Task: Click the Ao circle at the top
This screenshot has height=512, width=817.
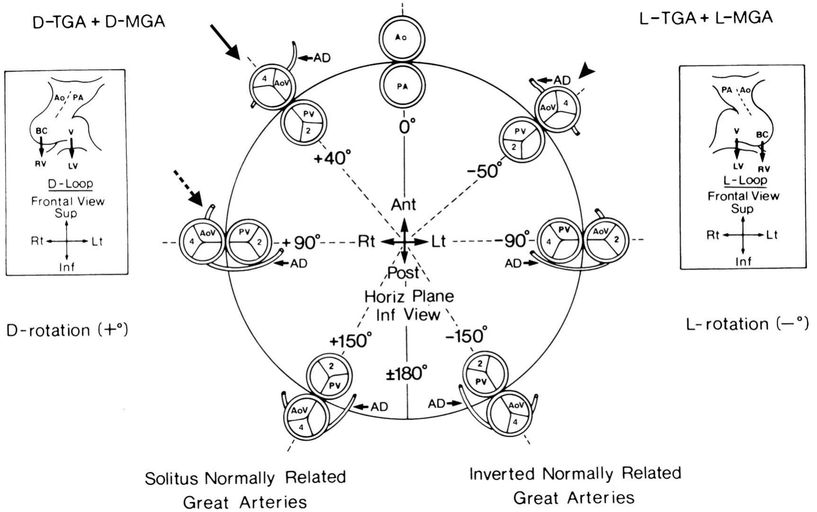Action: point(401,38)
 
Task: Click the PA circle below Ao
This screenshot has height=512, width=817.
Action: point(402,86)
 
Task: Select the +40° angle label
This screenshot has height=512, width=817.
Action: point(333,158)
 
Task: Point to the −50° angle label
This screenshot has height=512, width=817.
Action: point(483,169)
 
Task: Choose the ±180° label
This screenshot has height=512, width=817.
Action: point(406,374)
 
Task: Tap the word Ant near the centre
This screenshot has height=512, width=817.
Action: point(403,204)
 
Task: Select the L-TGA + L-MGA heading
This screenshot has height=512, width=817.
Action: point(706,18)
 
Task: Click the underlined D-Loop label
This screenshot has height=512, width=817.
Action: point(70,184)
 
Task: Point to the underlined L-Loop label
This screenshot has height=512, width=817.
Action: point(745,180)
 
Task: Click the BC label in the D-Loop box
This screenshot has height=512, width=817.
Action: point(41,131)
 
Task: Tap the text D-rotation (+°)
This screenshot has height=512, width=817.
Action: point(67,329)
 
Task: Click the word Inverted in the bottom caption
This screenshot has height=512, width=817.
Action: point(502,474)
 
